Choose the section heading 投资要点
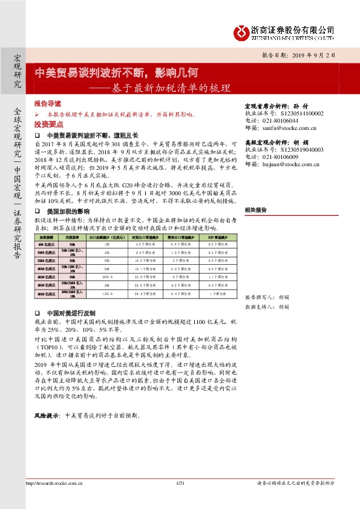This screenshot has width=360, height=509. coord(48,123)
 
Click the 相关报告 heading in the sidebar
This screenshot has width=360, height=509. coord(256,209)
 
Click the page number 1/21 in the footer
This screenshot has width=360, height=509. coord(180,483)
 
